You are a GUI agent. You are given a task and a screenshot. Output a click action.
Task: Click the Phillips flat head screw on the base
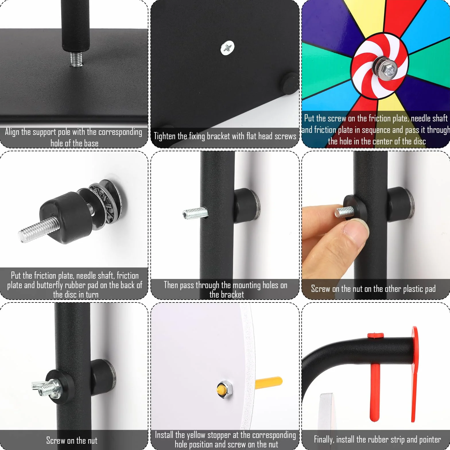227,48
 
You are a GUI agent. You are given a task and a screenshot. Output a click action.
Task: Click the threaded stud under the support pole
76,59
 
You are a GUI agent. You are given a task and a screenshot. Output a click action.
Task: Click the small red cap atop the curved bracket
376,335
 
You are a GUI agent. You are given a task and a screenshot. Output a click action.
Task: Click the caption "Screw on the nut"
72,441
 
